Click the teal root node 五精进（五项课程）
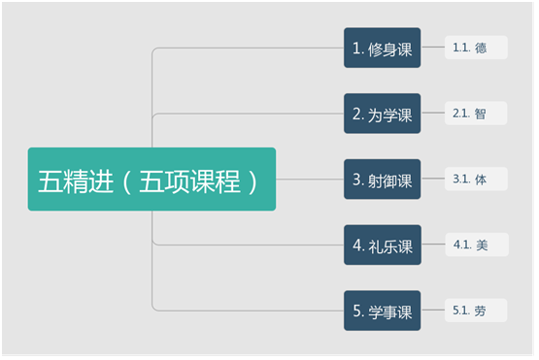[x=152, y=179]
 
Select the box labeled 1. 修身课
[x=383, y=48]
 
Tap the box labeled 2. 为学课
[x=383, y=114]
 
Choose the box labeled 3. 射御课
[x=383, y=179]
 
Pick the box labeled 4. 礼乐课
[x=383, y=245]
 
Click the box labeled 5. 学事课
[x=383, y=311]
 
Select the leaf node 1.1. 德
[x=476, y=48]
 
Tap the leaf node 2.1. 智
[x=476, y=113]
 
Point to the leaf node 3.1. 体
[x=476, y=179]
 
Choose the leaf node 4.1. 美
[x=477, y=245]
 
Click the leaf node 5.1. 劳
[x=476, y=311]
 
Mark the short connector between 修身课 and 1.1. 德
[x=433, y=47]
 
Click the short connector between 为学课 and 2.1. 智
[x=433, y=113]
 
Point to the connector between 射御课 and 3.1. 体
[x=433, y=179]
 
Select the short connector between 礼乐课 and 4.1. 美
[x=433, y=245]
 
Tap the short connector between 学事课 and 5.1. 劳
[x=433, y=310]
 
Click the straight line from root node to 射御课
[x=310, y=179]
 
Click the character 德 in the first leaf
[x=481, y=48]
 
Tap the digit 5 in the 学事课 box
[x=356, y=311]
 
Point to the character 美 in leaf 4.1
[x=482, y=245]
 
